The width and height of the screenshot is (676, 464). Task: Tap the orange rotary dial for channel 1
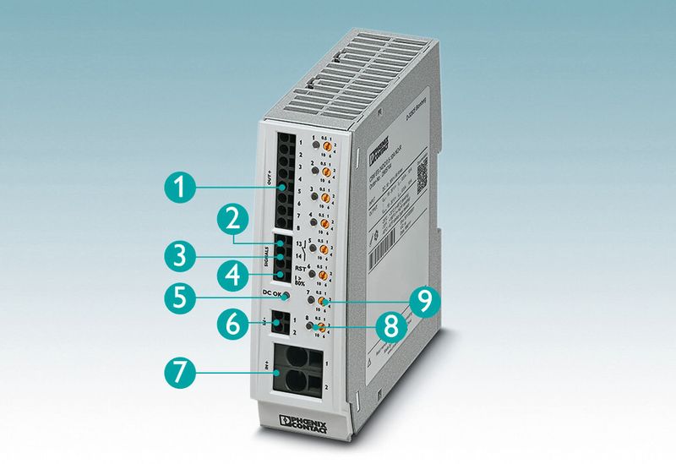pos(325,147)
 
